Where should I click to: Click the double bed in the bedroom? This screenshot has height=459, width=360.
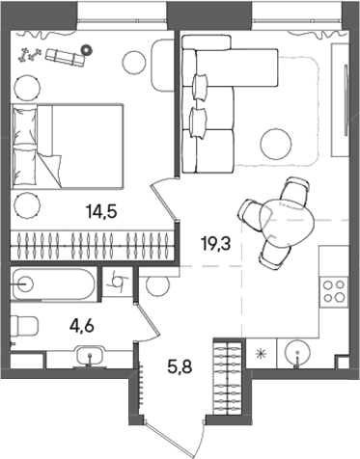(69, 145)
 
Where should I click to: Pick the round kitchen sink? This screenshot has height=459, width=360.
(298, 353)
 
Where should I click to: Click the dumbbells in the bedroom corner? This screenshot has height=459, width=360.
(29, 55)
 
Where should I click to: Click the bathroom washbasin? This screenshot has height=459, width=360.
(92, 355)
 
